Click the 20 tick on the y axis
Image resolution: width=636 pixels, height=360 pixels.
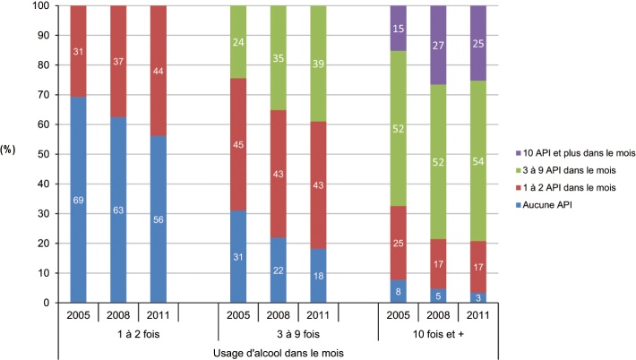[x=40, y=244]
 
